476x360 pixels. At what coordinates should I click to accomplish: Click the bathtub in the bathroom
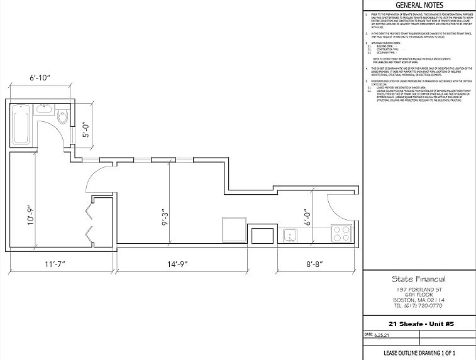pyautogui.click(x=20, y=124)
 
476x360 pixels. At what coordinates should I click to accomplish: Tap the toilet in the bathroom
pyautogui.click(x=62, y=117)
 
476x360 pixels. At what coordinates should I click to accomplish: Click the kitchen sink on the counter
pyautogui.click(x=291, y=236)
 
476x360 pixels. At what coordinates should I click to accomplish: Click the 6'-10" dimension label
pyautogui.click(x=40, y=79)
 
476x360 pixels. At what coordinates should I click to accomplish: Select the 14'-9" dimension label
pyautogui.click(x=170, y=265)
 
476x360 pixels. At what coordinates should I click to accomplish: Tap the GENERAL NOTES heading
pyautogui.click(x=419, y=6)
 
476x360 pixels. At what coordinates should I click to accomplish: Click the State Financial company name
pyautogui.click(x=418, y=279)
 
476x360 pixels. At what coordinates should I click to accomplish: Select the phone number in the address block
pyautogui.click(x=419, y=306)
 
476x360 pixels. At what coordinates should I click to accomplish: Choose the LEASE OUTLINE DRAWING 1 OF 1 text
pyautogui.click(x=419, y=353)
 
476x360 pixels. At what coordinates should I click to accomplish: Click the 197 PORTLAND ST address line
pyautogui.click(x=419, y=289)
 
